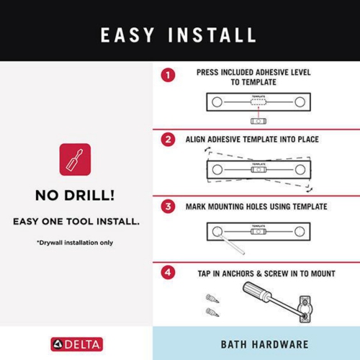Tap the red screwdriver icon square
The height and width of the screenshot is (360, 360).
pyautogui.click(x=76, y=160)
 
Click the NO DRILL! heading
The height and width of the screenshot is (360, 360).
pyautogui.click(x=76, y=196)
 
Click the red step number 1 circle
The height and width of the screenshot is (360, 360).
pyautogui.click(x=168, y=74)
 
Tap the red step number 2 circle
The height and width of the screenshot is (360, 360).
pyautogui.click(x=168, y=139)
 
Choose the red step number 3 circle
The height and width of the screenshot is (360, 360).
pyautogui.click(x=168, y=206)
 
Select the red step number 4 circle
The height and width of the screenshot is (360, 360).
pyautogui.click(x=168, y=273)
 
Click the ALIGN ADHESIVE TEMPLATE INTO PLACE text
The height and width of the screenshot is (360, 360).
pyautogui.click(x=252, y=139)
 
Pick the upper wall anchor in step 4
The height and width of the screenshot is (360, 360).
pyautogui.click(x=210, y=297)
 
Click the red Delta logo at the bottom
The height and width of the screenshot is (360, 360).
pyautogui.click(x=76, y=343)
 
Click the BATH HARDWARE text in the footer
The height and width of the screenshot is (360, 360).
pyautogui.click(x=256, y=343)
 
